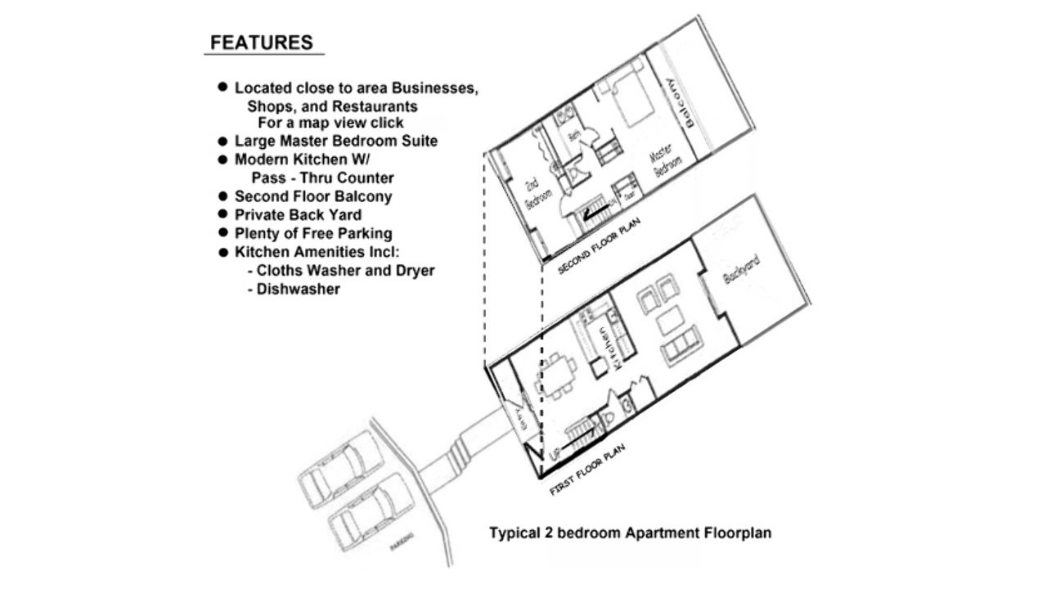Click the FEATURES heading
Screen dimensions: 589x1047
coord(261,43)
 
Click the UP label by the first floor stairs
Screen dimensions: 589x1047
coord(555,452)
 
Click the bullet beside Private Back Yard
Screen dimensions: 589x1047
coord(222,214)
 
